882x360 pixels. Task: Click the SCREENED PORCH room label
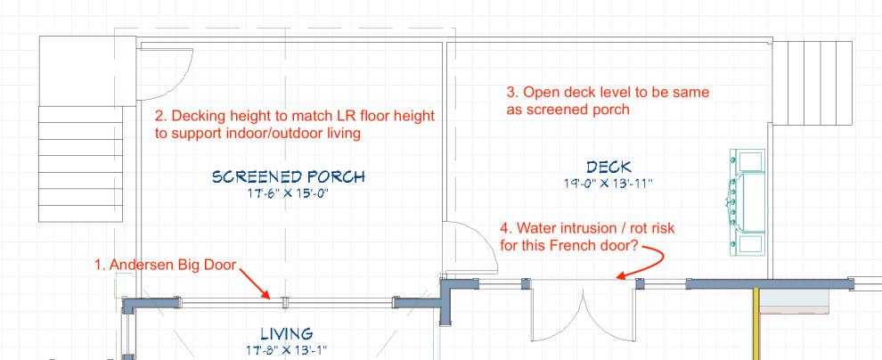289,176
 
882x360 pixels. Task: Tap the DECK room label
609,167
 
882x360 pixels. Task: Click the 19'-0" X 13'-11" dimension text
609,184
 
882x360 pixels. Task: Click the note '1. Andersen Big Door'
168,265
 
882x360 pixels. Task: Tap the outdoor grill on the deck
747,200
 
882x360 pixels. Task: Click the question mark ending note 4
635,245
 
